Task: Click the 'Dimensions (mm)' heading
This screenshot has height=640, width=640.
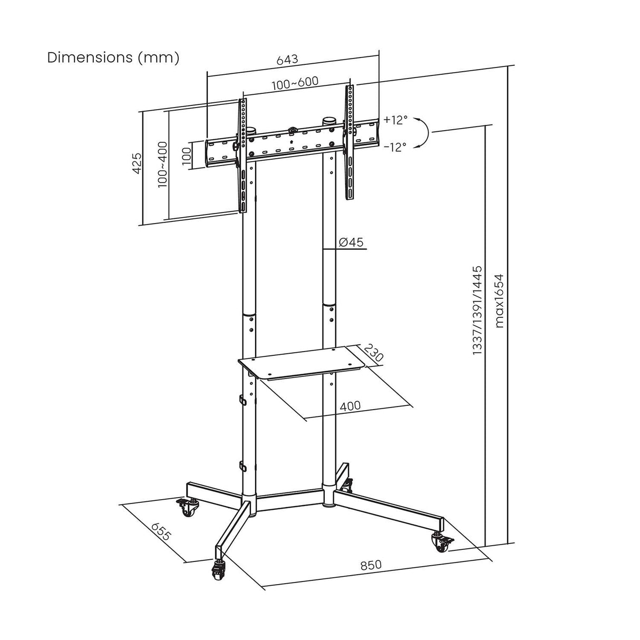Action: tap(113, 57)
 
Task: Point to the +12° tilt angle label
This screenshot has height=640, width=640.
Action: tap(395, 120)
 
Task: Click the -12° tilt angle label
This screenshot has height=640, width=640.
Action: tap(395, 147)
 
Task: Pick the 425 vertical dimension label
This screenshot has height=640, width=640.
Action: tap(137, 164)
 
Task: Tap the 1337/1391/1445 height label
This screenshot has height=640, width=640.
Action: tap(477, 309)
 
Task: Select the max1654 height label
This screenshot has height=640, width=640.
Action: tap(499, 300)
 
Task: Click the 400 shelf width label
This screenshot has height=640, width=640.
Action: tap(350, 405)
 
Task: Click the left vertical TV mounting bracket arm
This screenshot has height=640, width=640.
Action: tap(242, 156)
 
